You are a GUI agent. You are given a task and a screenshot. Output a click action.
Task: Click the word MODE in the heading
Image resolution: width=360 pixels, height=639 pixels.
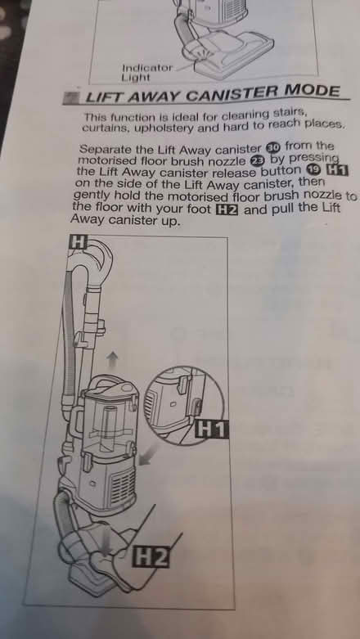tap(310, 92)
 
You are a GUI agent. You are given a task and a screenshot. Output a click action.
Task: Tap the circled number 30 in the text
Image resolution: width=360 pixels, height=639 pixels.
tap(272, 147)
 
